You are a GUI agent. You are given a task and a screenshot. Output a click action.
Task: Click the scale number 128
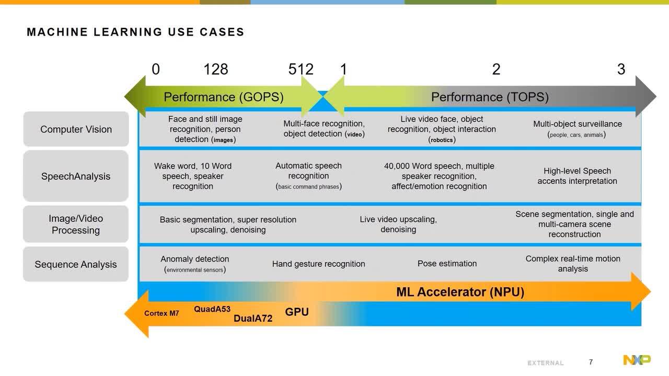pyautogui.click(x=216, y=69)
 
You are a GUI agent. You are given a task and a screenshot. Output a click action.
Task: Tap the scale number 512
pyautogui.click(x=301, y=69)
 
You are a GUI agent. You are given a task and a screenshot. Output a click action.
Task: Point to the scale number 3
pyautogui.click(x=621, y=69)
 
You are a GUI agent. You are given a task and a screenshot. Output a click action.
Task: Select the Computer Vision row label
pyautogui.click(x=76, y=129)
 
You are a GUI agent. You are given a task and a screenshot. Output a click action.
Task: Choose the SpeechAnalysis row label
pyautogui.click(x=76, y=177)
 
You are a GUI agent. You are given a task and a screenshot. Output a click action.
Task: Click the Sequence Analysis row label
pyautogui.click(x=76, y=264)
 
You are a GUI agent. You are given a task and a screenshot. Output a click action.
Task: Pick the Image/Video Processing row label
pyautogui.click(x=76, y=225)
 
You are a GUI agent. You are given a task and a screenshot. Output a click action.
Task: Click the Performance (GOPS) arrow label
pyautogui.click(x=223, y=97)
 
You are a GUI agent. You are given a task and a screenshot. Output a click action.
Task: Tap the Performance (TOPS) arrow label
pyautogui.click(x=490, y=97)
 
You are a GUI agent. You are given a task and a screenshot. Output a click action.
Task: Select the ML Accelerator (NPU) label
pyautogui.click(x=460, y=292)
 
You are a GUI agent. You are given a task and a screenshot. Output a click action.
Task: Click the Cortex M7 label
pyautogui.click(x=162, y=313)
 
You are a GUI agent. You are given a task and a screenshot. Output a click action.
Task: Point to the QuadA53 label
pyautogui.click(x=212, y=309)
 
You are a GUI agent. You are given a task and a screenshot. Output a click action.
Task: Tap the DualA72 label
pyautogui.click(x=253, y=319)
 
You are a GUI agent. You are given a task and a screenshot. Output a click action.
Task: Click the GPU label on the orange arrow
pyautogui.click(x=297, y=312)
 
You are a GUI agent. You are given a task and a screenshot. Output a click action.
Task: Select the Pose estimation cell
pyautogui.click(x=447, y=264)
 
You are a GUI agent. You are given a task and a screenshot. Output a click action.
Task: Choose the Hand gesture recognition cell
pyautogui.click(x=319, y=264)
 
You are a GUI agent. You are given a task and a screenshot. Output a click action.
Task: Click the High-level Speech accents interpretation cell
pyautogui.click(x=578, y=176)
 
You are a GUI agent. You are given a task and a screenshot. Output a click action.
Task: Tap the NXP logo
pyautogui.click(x=637, y=360)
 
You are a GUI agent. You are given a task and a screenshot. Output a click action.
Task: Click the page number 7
pyautogui.click(x=591, y=362)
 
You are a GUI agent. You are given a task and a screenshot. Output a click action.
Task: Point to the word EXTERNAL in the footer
pyautogui.click(x=546, y=363)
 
